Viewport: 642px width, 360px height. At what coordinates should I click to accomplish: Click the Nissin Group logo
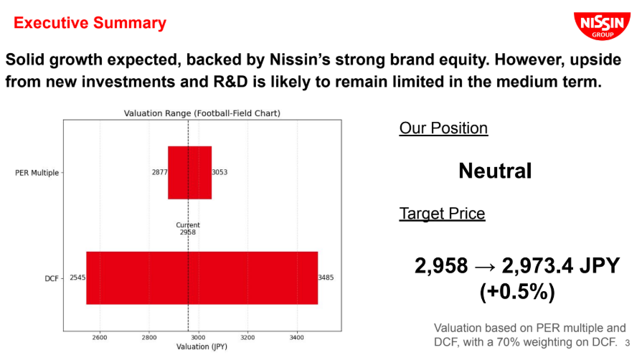pyautogui.click(x=602, y=26)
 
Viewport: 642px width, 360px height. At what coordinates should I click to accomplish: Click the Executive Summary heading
pyautogui.click(x=90, y=22)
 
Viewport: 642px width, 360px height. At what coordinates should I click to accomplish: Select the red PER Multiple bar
pyautogui.click(x=189, y=172)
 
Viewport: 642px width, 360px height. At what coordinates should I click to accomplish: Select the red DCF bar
pyautogui.click(x=202, y=278)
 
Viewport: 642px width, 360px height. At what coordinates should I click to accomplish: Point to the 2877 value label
pyautogui.click(x=160, y=172)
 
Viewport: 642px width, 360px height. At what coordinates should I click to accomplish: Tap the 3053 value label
pyautogui.click(x=219, y=172)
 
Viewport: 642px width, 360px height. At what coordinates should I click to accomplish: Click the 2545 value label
pyautogui.click(x=77, y=278)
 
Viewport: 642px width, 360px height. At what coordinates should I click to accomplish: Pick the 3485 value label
pyautogui.click(x=326, y=278)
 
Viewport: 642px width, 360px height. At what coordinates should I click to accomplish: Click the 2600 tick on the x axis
pyautogui.click(x=100, y=338)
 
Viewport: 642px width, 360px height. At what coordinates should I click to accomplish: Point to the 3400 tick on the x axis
pyautogui.click(x=297, y=338)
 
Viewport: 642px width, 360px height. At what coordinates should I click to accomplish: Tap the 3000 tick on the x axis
pyautogui.click(x=198, y=338)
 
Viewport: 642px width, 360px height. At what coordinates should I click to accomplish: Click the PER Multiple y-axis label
pyautogui.click(x=37, y=173)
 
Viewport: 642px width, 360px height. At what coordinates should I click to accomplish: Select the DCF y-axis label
pyautogui.click(x=52, y=278)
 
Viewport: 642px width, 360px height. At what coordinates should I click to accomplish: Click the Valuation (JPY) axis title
pyautogui.click(x=202, y=346)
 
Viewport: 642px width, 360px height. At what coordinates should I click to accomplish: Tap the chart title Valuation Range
pyautogui.click(x=202, y=113)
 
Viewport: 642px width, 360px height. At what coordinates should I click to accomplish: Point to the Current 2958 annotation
pyautogui.click(x=188, y=229)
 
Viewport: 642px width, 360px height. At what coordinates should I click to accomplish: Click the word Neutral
pyautogui.click(x=495, y=171)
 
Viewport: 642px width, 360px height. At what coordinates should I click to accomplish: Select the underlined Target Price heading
pyautogui.click(x=442, y=214)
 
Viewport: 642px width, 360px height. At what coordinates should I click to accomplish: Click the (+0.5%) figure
pyautogui.click(x=517, y=292)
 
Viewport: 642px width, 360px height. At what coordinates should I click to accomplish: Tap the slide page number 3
pyautogui.click(x=627, y=343)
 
